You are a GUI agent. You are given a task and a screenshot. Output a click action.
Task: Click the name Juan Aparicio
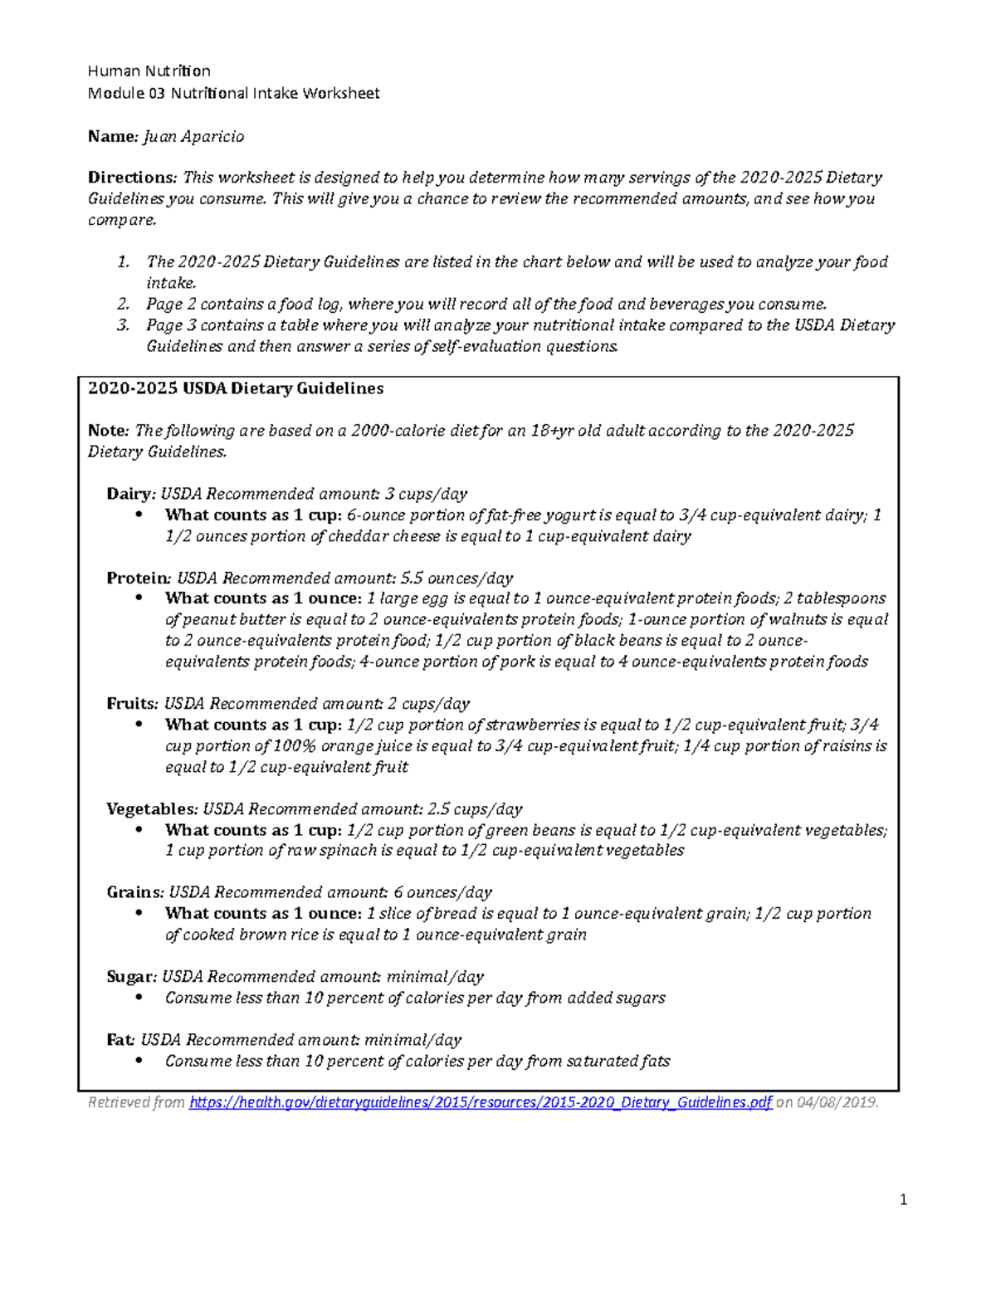point(194,136)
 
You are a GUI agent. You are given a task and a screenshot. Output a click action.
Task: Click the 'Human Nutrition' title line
point(149,71)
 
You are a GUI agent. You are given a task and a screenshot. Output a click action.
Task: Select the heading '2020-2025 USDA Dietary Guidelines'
point(236,388)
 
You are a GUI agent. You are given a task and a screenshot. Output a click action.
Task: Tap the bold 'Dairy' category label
point(129,494)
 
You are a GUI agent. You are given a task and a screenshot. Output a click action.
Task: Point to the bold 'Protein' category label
point(138,578)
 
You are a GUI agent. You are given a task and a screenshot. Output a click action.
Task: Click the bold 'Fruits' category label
point(131,704)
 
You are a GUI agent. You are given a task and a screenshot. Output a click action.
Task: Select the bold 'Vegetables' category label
point(150,809)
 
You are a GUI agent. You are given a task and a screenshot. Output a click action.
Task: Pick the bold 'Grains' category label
point(134,893)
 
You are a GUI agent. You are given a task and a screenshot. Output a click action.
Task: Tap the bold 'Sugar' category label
point(130,977)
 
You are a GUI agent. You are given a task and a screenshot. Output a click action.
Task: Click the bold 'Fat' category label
point(120,1040)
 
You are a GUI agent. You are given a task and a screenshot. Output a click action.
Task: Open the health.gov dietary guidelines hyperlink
point(481,1103)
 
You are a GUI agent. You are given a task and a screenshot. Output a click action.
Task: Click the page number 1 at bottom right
point(904,1200)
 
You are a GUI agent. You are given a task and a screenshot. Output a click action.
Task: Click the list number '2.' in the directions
point(123,305)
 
